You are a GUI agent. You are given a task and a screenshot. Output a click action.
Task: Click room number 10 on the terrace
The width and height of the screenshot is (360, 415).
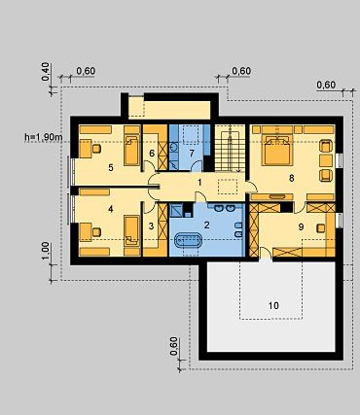pyautogui.click(x=273, y=305)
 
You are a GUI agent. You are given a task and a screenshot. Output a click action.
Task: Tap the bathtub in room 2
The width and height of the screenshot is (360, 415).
pyautogui.click(x=189, y=241)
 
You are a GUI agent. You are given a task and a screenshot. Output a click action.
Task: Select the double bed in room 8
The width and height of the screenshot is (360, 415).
pyautogui.click(x=276, y=151)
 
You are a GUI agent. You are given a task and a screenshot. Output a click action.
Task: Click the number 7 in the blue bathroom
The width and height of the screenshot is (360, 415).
pyautogui.click(x=192, y=153)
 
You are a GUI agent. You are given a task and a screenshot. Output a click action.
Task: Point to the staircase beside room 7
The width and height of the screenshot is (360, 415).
pyautogui.click(x=230, y=148)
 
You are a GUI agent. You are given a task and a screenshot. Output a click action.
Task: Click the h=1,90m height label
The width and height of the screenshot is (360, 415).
pyautogui.click(x=44, y=137)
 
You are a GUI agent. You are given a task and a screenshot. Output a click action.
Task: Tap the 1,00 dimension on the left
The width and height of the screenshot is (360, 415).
pyautogui.click(x=46, y=251)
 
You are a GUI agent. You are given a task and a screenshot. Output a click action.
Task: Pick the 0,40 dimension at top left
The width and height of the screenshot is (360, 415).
pyautogui.click(x=46, y=72)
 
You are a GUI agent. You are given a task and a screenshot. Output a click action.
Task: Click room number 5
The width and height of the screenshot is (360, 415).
pyautogui.click(x=111, y=168)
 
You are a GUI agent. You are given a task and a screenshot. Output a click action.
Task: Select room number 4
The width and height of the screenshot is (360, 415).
pyautogui.click(x=111, y=209)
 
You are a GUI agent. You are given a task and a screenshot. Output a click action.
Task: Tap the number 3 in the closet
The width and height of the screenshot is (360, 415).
pyautogui.click(x=151, y=225)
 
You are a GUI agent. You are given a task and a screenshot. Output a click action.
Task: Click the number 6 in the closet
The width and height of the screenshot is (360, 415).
pyautogui.click(x=152, y=153)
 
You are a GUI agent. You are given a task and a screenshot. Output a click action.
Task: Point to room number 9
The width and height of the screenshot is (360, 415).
pyautogui.click(x=301, y=227)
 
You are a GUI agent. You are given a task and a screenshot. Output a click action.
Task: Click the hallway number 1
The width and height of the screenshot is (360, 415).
pyautogui.click(x=199, y=183)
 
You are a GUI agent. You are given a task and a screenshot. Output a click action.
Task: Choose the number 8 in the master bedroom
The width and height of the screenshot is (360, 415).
pyautogui.click(x=291, y=178)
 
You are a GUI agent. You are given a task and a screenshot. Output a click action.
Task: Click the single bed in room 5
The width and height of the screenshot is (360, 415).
pyautogui.click(x=132, y=150)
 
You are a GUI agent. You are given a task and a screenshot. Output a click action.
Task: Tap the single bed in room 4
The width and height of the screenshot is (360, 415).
pyautogui.click(x=132, y=231)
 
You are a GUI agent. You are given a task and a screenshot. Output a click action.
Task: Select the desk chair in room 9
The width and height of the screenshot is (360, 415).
pyautogui.click(x=321, y=228)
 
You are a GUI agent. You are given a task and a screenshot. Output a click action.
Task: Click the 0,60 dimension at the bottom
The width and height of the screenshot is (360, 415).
pyautogui.click(x=174, y=346)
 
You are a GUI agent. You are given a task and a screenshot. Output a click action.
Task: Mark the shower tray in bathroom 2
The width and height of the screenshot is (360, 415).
pyautogui.click(x=176, y=211)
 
